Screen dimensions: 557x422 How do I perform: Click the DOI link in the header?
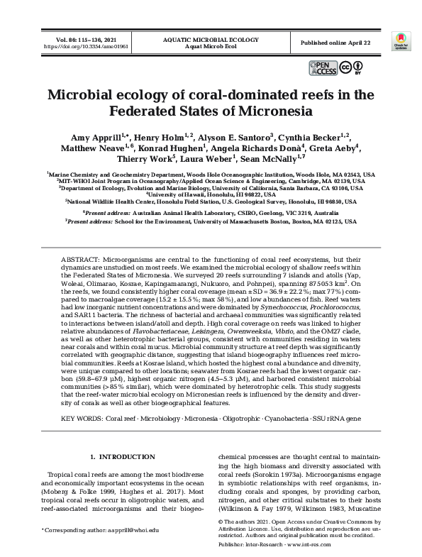[x=77, y=47]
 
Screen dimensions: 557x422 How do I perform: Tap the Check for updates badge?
[x=401, y=42]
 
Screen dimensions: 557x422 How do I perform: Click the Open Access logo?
[x=323, y=67]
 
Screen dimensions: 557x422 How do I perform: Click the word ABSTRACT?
[x=81, y=260]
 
